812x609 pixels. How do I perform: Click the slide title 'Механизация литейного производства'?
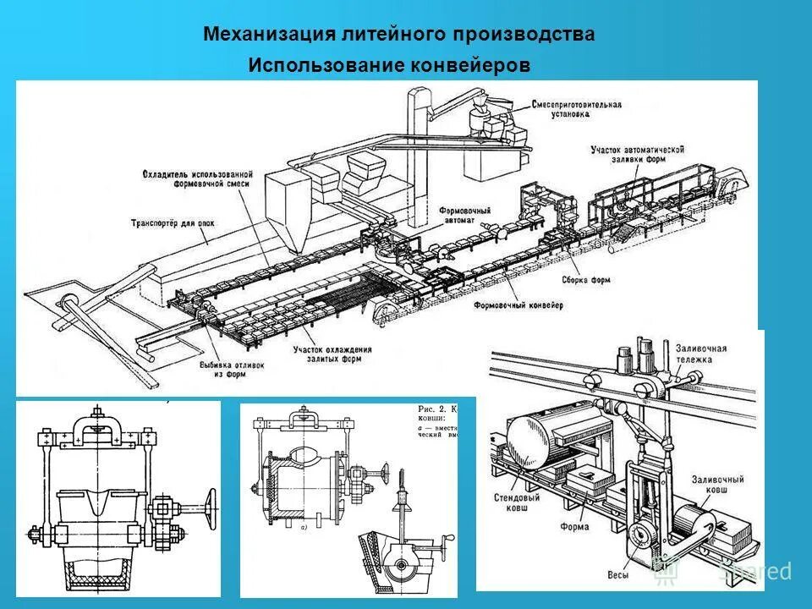tap(398, 35)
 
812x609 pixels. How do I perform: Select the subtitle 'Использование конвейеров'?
tap(389, 65)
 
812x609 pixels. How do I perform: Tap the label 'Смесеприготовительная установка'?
tap(577, 109)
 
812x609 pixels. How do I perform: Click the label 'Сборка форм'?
tap(584, 279)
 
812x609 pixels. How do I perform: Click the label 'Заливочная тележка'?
tap(701, 353)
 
